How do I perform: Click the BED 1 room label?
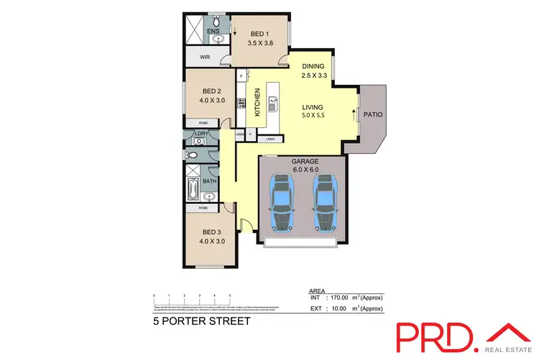click(x=259, y=34)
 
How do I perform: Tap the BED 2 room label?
click(x=211, y=91)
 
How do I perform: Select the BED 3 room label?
click(x=211, y=232)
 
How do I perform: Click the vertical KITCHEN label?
click(x=257, y=102)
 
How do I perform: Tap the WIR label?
click(x=205, y=56)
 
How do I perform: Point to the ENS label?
click(x=213, y=32)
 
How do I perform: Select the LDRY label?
click(x=201, y=133)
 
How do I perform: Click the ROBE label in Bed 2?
click(x=203, y=124)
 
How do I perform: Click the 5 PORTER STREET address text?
click(x=201, y=321)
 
